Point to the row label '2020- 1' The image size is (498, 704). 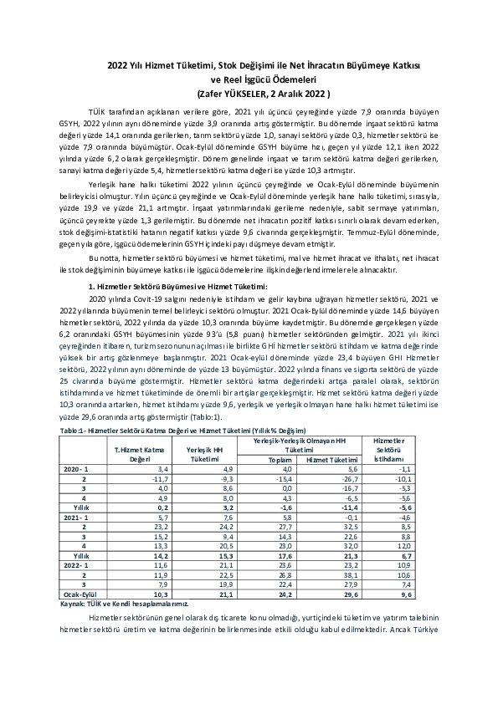pyautogui.click(x=76, y=470)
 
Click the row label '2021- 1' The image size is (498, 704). pyautogui.click(x=76, y=518)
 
